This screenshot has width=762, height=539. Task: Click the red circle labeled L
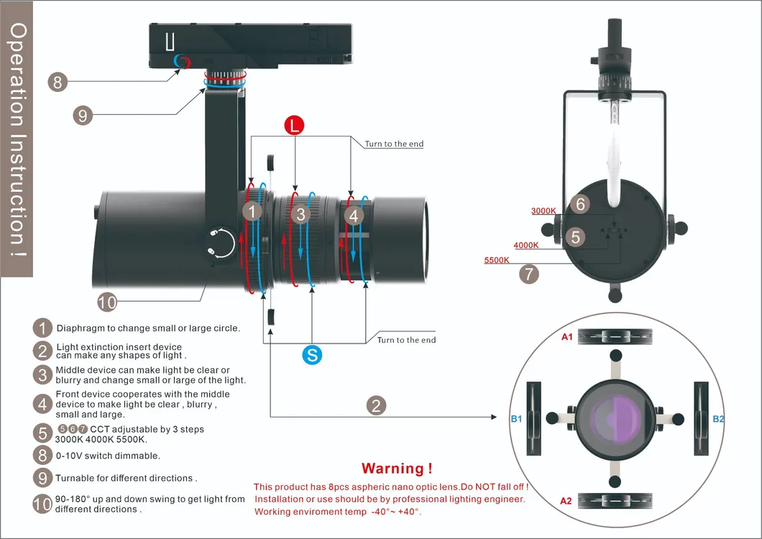pos(293,126)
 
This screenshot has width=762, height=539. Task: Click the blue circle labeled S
pos(311,354)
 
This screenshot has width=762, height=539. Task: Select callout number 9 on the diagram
pos(83,114)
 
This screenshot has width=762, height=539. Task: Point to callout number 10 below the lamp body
pos(106,303)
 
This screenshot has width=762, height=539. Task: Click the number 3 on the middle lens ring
pos(301,213)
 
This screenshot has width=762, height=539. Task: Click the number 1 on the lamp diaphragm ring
pos(252,211)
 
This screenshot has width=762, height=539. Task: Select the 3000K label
pos(543,211)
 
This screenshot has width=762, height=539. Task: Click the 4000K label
pos(526,245)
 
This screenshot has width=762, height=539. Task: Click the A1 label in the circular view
pos(567,336)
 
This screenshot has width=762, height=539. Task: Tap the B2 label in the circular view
pos(718,418)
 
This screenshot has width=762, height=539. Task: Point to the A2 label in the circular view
pos(567,500)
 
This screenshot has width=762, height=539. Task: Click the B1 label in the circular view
pos(516,418)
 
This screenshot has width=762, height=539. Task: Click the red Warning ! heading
pos(397,469)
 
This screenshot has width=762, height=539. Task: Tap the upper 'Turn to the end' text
pos(394,144)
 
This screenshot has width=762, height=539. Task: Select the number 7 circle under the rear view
pos(529,274)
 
